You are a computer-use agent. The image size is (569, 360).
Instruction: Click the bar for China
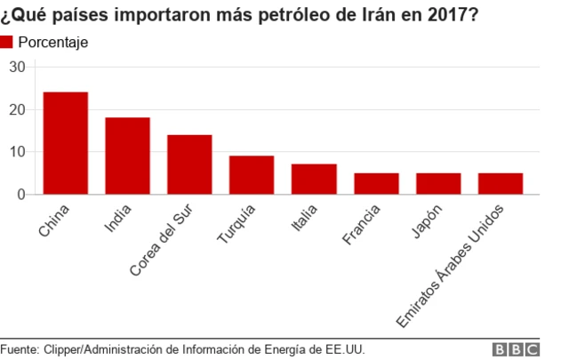66,143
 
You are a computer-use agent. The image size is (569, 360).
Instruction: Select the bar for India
127,156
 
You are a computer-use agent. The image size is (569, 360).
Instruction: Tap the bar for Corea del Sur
189,164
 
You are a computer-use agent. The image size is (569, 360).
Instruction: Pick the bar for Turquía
252,175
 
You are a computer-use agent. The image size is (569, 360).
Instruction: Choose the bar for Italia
314,180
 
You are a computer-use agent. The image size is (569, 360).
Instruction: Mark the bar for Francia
376,184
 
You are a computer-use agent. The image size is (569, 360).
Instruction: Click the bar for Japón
438,184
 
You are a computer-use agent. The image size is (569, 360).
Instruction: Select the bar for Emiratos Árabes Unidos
501,184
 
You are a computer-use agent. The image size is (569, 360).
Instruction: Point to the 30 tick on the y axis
18,67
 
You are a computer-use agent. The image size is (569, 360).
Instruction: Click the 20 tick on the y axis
18,109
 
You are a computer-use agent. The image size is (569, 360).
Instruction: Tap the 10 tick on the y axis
18,152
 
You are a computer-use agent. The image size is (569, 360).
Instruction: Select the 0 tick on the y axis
22,194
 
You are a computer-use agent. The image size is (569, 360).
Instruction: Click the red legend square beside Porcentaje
7,42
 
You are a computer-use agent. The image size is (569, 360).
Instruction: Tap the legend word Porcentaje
53,43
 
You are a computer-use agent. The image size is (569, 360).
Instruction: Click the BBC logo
516,349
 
